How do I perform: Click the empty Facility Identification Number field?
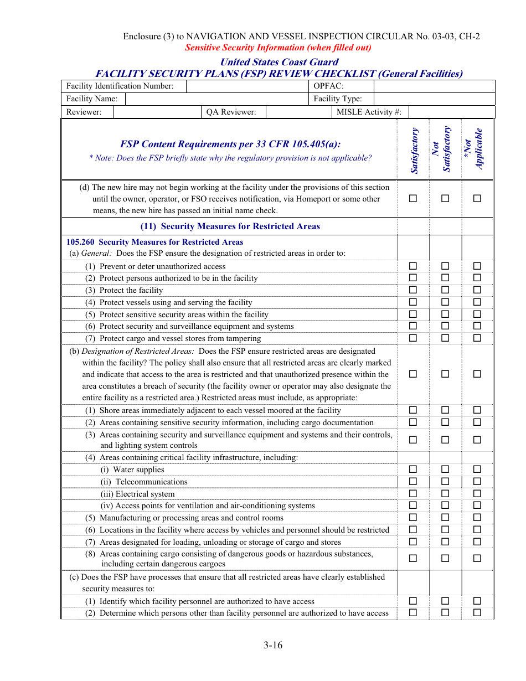247,86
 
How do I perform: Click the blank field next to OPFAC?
434,86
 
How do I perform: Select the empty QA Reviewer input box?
298,112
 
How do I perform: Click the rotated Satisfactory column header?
414,151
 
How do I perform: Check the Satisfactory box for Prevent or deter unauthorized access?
413,266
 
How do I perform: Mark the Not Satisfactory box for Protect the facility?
445,290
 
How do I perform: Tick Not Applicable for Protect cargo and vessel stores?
477,338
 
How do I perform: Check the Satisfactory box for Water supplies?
413,470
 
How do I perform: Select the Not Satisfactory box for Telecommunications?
445,482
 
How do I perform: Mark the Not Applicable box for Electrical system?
477,494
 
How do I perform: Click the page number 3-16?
273,645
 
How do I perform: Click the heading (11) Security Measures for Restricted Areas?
230,226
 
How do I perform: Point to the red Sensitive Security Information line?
278,48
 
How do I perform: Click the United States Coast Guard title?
279,62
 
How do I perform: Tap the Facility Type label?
338,99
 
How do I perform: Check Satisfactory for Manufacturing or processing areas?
413,518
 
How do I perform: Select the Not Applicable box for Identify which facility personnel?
477,601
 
